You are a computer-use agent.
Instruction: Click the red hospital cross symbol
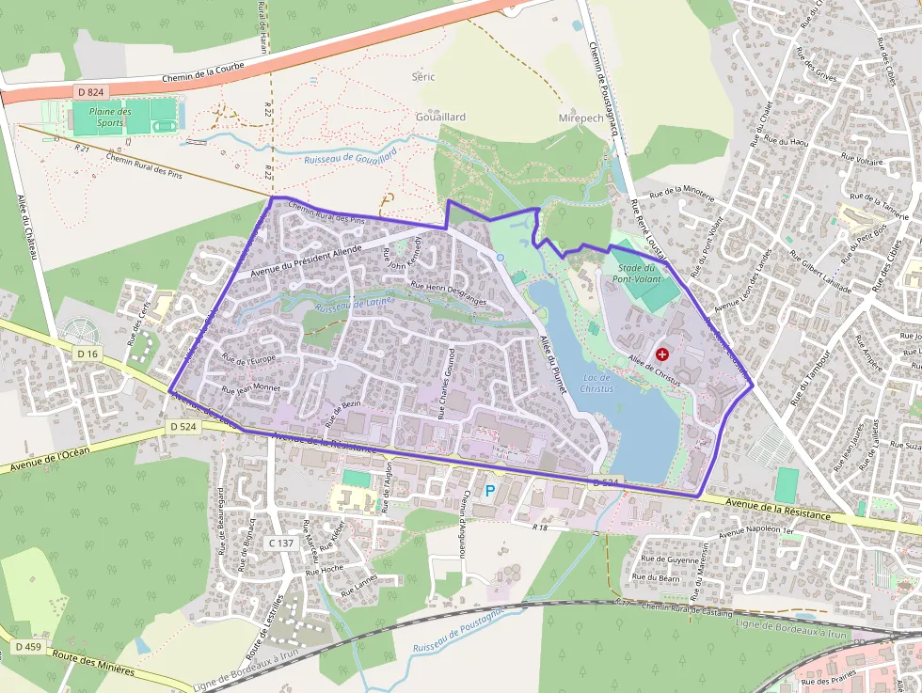pyautogui.click(x=663, y=354)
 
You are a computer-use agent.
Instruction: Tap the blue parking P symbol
pyautogui.click(x=489, y=490)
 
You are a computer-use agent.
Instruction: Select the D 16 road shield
pyautogui.click(x=87, y=354)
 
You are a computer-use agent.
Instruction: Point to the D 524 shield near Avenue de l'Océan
pyautogui.click(x=183, y=427)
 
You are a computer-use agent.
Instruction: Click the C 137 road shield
pyautogui.click(x=281, y=543)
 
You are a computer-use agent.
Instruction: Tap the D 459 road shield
pyautogui.click(x=27, y=647)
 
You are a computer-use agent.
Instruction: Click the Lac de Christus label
pyautogui.click(x=596, y=383)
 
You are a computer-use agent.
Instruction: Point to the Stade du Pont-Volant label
pyautogui.click(x=637, y=273)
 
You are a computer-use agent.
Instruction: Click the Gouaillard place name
pyautogui.click(x=440, y=117)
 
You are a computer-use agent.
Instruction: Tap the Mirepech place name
pyautogui.click(x=580, y=118)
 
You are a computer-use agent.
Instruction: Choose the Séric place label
pyautogui.click(x=423, y=76)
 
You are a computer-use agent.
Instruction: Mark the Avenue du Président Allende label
pyautogui.click(x=307, y=260)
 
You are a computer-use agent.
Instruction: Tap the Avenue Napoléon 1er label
pyautogui.click(x=757, y=532)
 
